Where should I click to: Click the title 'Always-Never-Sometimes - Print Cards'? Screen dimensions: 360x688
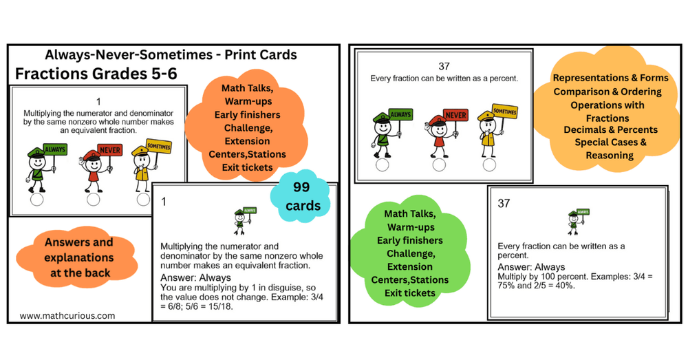click(171, 54)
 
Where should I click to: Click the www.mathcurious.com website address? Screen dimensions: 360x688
click(67, 316)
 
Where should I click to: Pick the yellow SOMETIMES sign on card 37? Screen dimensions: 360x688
click(505, 111)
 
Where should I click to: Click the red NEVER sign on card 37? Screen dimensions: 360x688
click(455, 114)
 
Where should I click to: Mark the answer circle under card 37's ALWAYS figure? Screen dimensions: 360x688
click(382, 165)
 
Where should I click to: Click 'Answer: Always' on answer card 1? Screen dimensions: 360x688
click(186, 277)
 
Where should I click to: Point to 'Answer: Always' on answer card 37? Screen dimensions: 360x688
click(530, 267)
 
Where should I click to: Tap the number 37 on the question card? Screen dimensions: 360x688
click(444, 66)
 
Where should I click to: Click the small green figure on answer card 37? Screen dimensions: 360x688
click(573, 221)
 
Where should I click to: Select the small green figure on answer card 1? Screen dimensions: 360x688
click(241, 221)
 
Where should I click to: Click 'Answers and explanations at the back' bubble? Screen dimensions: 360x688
click(79, 257)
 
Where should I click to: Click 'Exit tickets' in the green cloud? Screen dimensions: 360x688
click(410, 293)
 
